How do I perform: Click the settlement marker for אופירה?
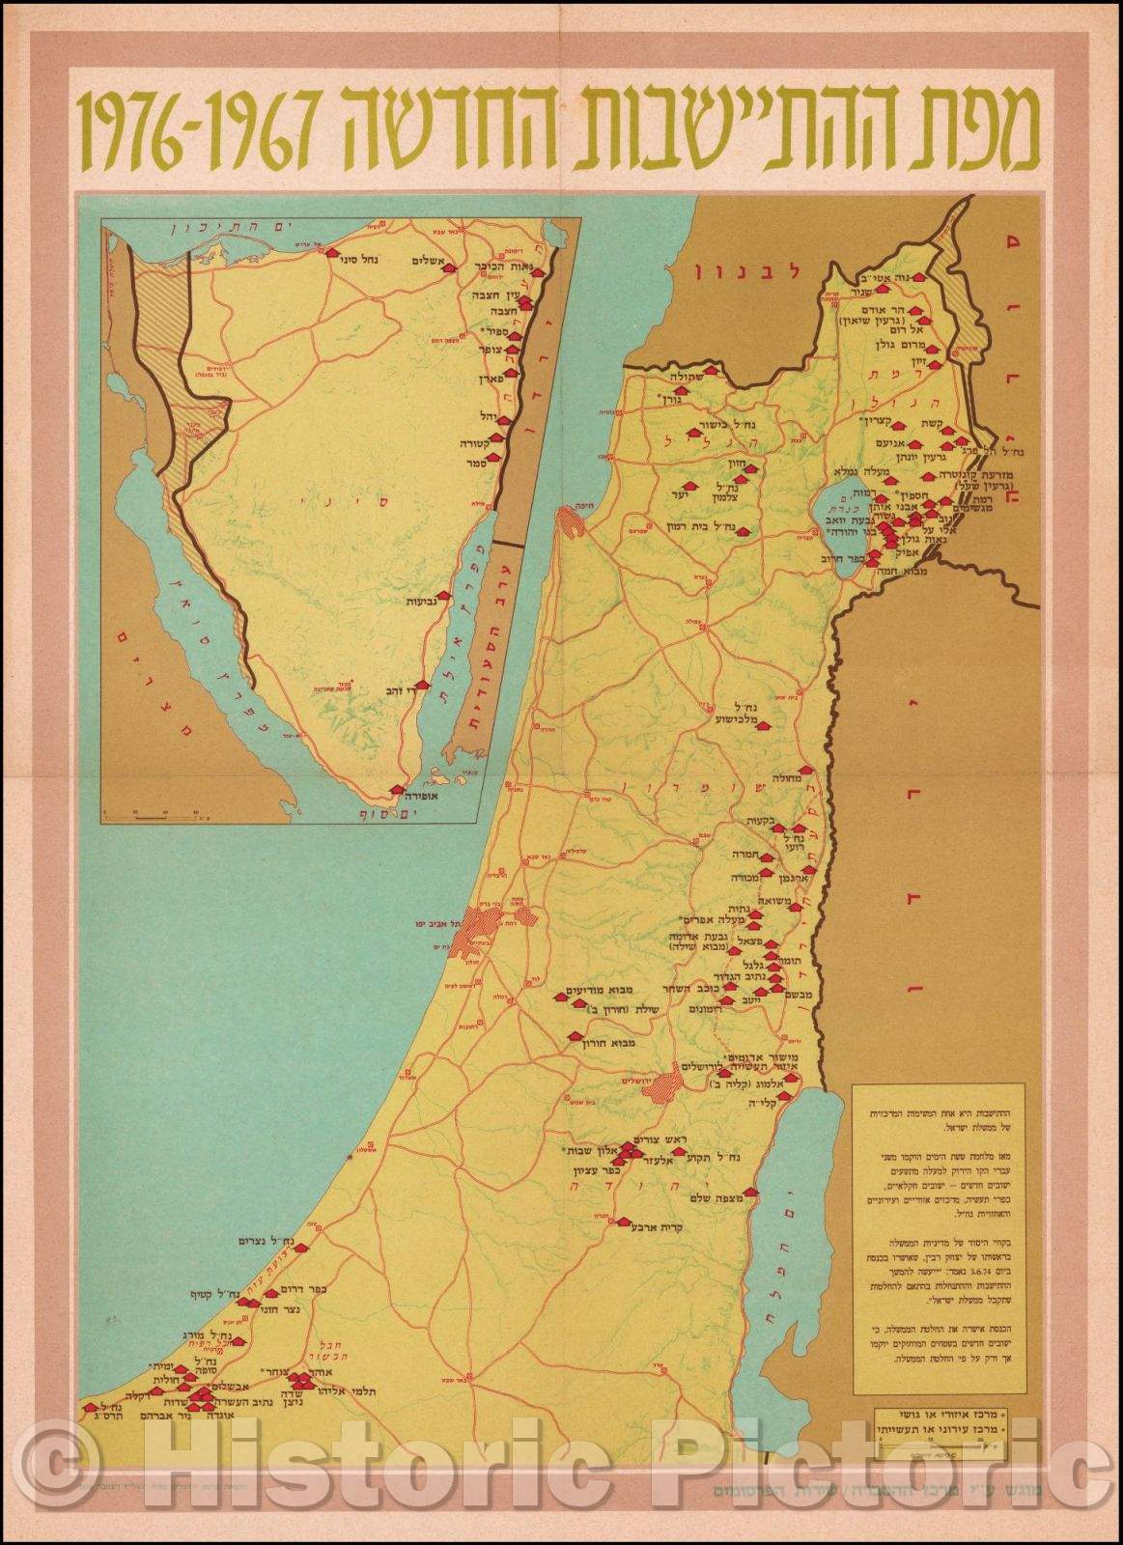pos(397,790)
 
